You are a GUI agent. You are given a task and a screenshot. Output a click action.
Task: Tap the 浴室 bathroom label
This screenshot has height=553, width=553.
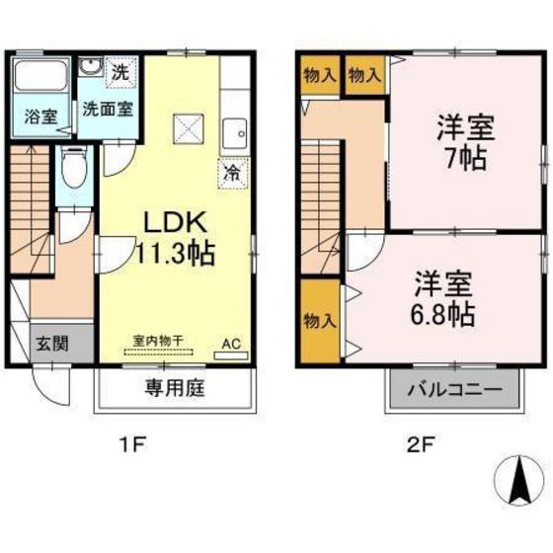pos(40,114)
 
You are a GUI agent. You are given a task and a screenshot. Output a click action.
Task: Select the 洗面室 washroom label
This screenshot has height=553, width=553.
pos(108,109)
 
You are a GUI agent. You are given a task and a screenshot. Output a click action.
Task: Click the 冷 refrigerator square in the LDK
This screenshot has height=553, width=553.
pos(230,170)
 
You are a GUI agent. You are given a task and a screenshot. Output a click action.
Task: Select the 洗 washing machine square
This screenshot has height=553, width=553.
pos(118,72)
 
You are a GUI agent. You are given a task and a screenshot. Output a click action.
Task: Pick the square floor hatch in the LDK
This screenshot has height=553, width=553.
pos(188,129)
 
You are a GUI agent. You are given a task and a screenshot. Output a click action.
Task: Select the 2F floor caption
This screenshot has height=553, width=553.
pos(422,444)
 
